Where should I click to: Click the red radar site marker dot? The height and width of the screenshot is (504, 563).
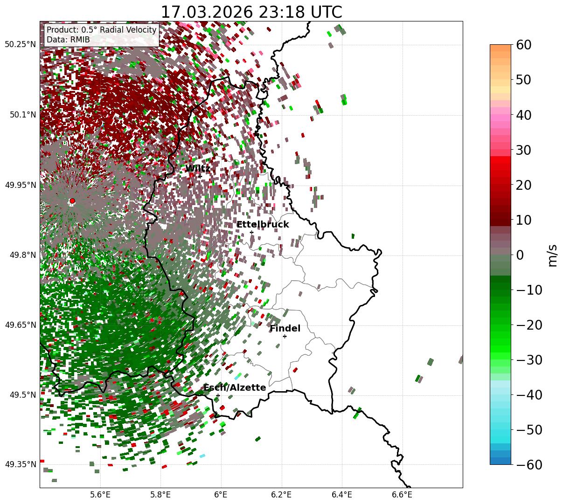point(72,201)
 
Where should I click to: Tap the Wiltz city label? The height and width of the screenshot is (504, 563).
point(198,169)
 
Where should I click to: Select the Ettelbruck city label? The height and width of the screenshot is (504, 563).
point(263,225)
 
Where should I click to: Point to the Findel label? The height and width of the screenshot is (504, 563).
point(285,329)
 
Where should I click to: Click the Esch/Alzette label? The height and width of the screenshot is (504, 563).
point(235,388)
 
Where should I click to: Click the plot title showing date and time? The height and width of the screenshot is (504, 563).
point(251,12)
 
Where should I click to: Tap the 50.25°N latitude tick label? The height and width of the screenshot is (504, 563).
point(20,45)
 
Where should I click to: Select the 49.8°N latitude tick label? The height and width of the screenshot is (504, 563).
point(22,255)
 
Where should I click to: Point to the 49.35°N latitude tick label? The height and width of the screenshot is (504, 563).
point(20,465)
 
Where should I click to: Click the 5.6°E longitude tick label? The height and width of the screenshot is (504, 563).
point(100,494)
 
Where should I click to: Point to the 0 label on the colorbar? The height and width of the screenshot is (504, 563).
point(520,255)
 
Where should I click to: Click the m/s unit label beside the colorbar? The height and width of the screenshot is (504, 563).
point(552,255)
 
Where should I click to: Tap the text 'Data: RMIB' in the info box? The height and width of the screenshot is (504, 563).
point(68,40)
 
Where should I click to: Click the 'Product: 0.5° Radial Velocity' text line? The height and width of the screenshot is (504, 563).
point(101,30)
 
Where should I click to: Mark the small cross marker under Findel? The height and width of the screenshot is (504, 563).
point(285,336)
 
